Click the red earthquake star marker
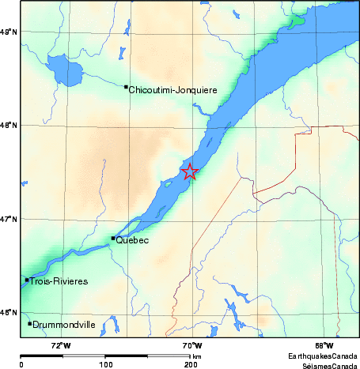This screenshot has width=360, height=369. [x=190, y=171]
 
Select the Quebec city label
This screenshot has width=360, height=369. [x=133, y=241]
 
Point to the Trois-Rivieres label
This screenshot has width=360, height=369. [x=55, y=281]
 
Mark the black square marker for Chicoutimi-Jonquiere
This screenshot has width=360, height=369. [x=127, y=87]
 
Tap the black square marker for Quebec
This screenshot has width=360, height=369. [x=113, y=238]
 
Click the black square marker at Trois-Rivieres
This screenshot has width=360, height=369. [x=27, y=280]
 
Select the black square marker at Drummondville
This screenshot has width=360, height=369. [x=30, y=323]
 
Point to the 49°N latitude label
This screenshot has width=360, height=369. [x=9, y=32]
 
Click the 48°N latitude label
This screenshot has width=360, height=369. [x=9, y=125]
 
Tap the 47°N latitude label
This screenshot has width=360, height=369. [x=9, y=219]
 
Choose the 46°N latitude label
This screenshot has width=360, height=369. [x=9, y=313]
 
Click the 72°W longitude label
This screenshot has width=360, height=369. [x=60, y=345]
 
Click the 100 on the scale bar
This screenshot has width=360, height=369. [x=105, y=365]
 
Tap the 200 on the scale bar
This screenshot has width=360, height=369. [x=191, y=365]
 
